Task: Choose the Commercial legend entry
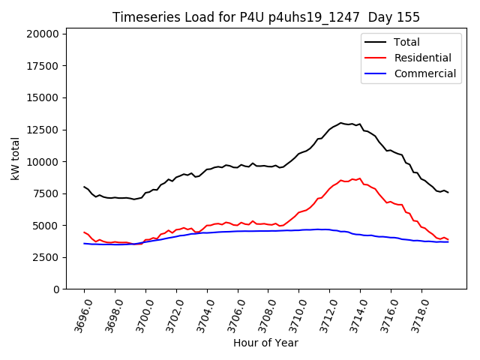[424, 73]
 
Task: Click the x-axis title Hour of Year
[265, 343]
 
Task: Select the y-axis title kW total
[16, 158]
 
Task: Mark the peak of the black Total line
[340, 123]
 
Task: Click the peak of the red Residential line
[360, 178]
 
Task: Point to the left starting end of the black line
[84, 187]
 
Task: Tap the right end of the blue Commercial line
[448, 241]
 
